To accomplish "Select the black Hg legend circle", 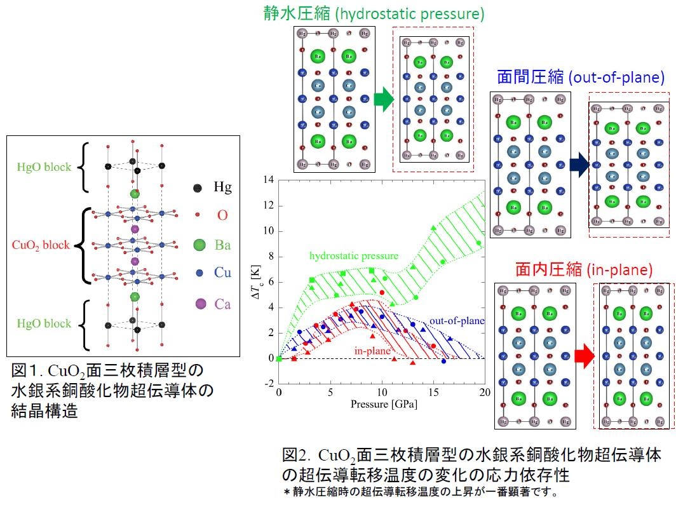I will [198, 187].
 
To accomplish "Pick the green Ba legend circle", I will [199, 245].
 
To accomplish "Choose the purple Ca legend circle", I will [199, 304].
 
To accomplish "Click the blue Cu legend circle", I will [199, 273].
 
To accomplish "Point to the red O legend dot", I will [198, 216].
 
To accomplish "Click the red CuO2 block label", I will [41, 245].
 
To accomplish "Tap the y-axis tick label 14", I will [268, 180].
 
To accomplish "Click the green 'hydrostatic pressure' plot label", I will [354, 256].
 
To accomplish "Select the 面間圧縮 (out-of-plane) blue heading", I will [580, 78].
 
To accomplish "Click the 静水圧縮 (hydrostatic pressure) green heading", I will [373, 13].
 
